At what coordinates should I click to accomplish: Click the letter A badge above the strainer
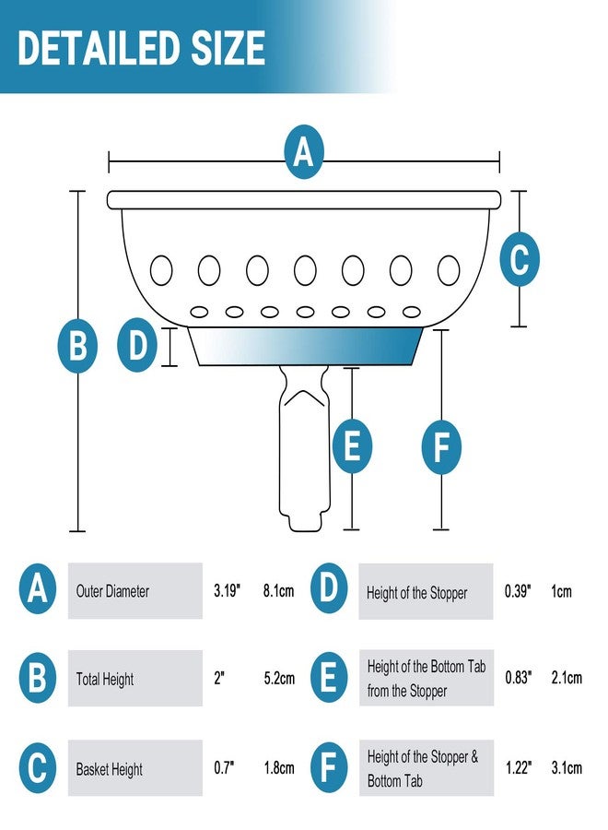[x=303, y=152]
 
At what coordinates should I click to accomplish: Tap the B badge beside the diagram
[x=77, y=345]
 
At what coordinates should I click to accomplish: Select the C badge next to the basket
[x=520, y=259]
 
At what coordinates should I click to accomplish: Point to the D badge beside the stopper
[x=137, y=345]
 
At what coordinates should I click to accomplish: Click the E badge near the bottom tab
[x=352, y=446]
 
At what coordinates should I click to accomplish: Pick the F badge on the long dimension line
[x=441, y=447]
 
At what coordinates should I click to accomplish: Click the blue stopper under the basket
[x=306, y=346]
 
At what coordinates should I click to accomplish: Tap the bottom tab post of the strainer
[x=304, y=448]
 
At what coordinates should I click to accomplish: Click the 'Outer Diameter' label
[x=112, y=591]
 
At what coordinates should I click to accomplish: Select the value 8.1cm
[x=278, y=591]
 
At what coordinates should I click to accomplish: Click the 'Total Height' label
[x=105, y=679]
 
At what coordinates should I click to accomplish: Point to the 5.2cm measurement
[x=279, y=678]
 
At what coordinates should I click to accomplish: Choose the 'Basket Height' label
[x=109, y=768]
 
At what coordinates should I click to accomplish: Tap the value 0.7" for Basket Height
[x=224, y=767]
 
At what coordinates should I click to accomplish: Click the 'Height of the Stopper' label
[x=416, y=593]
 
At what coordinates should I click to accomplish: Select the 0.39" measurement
[x=518, y=591]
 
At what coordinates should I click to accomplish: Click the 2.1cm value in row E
[x=567, y=678]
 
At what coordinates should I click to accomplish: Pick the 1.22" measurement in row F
[x=519, y=767]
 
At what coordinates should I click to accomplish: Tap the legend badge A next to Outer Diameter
[x=37, y=588]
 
